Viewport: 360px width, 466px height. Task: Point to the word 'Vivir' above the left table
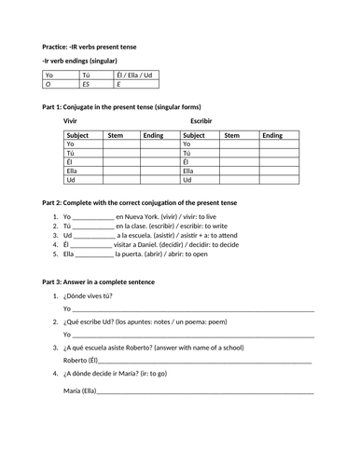(70, 121)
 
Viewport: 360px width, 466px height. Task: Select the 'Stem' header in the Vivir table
(115, 135)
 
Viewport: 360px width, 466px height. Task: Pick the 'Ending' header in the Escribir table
(272, 135)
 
